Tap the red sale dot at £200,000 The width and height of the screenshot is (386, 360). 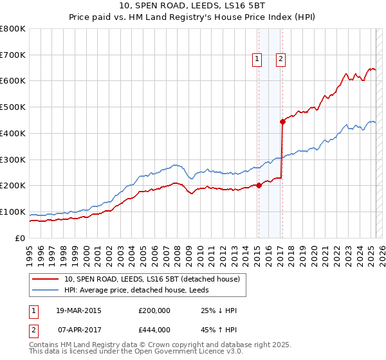click(x=259, y=185)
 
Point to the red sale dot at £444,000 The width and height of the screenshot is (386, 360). click(x=282, y=121)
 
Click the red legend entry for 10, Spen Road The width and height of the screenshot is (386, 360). click(x=152, y=279)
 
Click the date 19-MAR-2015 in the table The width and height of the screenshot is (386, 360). click(x=79, y=310)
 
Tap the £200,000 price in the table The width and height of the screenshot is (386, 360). click(x=154, y=310)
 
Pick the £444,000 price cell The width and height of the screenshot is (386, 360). click(x=154, y=330)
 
